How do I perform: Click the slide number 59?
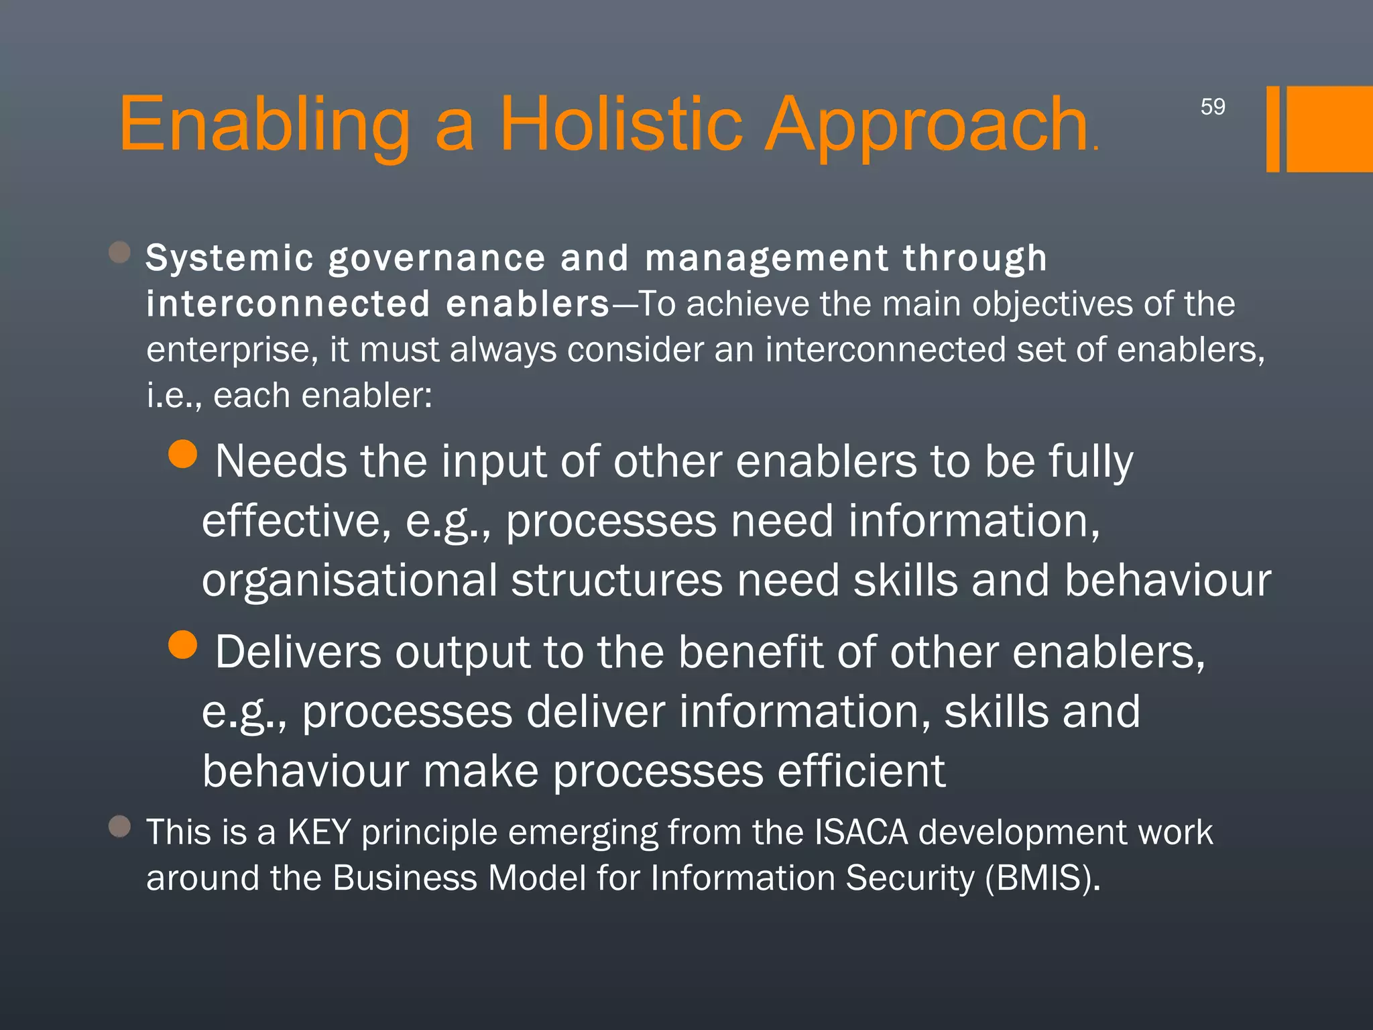pos(1212,107)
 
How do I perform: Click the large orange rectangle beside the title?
pos(1329,129)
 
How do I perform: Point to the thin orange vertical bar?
pos(1272,129)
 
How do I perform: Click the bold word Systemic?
pos(230,259)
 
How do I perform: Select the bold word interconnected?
pos(288,304)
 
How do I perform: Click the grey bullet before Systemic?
pos(119,253)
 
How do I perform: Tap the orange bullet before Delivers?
pos(182,644)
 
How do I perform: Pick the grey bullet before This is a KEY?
pos(119,826)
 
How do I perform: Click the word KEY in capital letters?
pos(319,832)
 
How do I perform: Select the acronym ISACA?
pos(861,832)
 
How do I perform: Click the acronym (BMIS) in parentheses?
pos(1042,878)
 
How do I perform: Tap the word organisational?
pos(349,580)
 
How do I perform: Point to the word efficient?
pos(861,770)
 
